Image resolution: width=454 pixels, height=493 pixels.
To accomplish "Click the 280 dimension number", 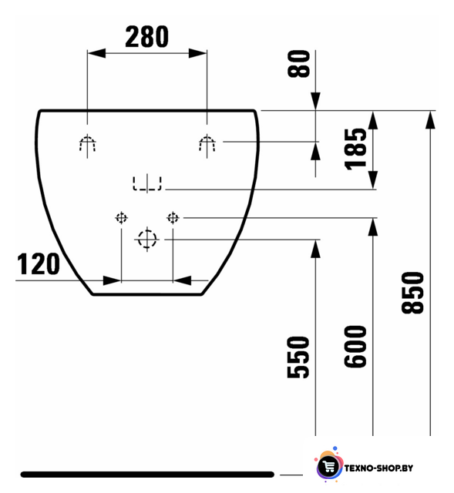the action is [x=147, y=37].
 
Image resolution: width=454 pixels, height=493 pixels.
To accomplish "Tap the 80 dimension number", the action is [x=298, y=63].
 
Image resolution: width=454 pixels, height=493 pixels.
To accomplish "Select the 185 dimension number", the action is [x=356, y=149].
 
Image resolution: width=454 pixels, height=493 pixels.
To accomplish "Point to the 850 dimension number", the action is [x=413, y=293].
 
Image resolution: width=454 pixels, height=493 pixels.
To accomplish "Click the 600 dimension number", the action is [x=355, y=347].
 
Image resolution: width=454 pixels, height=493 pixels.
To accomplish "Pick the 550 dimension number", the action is [x=298, y=357].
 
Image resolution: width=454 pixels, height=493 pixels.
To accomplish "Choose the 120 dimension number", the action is [x=38, y=264].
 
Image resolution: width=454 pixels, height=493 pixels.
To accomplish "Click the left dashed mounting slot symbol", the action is [x=87, y=144].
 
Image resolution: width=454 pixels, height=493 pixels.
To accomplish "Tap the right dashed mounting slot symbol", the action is [x=207, y=144].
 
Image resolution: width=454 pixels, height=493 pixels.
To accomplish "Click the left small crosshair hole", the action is [x=122, y=217].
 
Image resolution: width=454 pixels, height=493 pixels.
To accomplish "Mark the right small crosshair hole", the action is [x=173, y=217].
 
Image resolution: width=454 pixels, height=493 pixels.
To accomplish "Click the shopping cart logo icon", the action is [x=329, y=467].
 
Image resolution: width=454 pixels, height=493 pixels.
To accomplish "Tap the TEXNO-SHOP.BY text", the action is [x=378, y=468].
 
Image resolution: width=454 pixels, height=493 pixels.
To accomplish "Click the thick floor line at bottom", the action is [x=147, y=475].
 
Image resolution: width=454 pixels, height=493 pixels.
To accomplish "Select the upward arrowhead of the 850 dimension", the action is [x=430, y=120].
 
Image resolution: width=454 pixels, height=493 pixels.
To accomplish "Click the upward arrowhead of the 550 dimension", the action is [x=315, y=249].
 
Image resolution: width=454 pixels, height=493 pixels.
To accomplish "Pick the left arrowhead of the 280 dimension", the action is [x=96, y=53].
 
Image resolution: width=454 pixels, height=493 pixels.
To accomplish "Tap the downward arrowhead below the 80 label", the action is [x=315, y=101].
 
